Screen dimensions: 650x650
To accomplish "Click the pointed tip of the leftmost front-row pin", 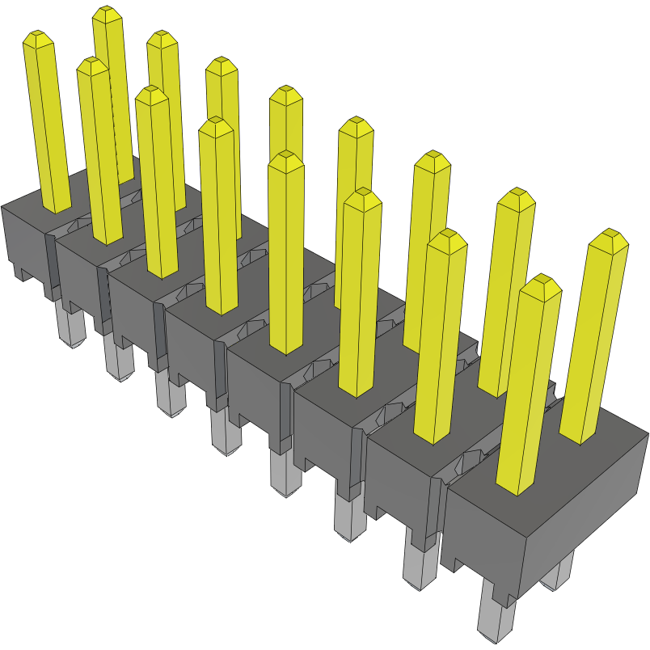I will (x=38, y=37).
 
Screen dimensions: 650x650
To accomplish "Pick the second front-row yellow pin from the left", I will (x=100, y=154).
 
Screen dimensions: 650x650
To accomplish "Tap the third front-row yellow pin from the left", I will (x=158, y=186).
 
